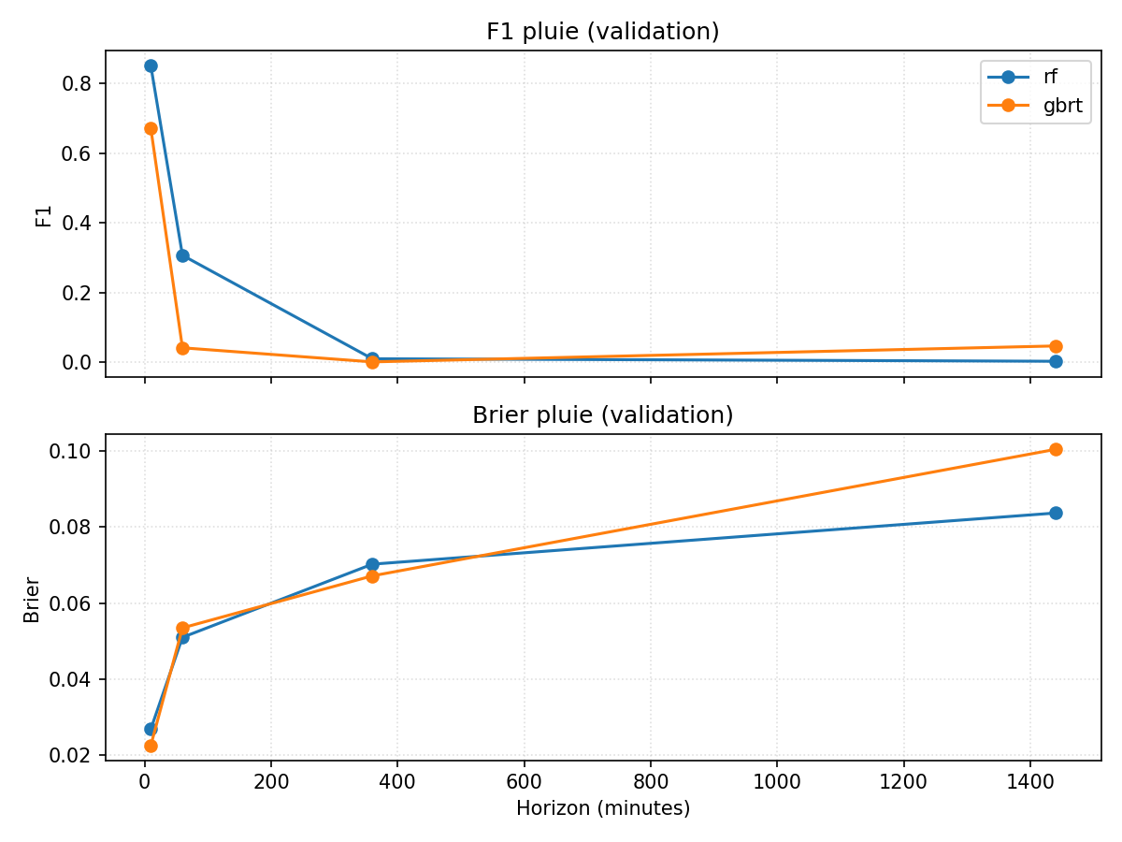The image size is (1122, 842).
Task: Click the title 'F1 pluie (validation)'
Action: coord(602,31)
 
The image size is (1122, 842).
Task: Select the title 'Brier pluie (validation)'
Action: coord(602,414)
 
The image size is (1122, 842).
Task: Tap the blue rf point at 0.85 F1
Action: coord(151,65)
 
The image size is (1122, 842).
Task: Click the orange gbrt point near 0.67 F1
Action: coord(151,128)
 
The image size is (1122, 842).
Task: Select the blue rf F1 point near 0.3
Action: coord(182,255)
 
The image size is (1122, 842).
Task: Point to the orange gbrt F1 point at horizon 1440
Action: coord(1056,346)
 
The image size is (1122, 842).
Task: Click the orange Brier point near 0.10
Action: coord(1056,449)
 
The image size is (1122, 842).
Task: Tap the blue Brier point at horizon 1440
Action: coord(1056,513)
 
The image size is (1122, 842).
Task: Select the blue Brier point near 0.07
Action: coord(372,564)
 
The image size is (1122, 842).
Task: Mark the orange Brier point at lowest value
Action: coord(151,746)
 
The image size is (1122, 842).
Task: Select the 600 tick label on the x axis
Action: coord(524,781)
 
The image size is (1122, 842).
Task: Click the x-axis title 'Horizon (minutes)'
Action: coord(602,808)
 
